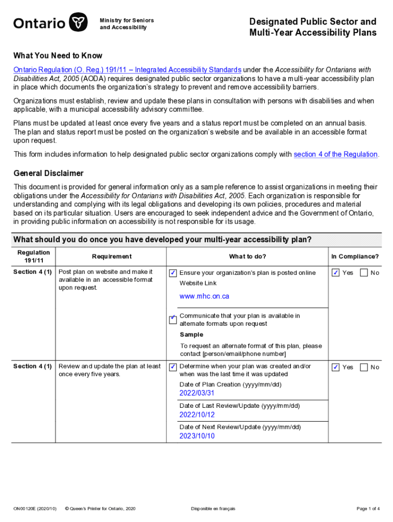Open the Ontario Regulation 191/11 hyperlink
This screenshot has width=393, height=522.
click(x=127, y=70)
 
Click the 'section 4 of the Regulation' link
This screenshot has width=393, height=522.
click(x=335, y=154)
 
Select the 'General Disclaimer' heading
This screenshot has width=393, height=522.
click(x=48, y=173)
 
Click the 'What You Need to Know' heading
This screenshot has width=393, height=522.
click(x=58, y=56)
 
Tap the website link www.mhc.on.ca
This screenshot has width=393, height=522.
click(x=204, y=296)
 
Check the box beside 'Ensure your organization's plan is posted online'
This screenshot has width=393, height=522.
click(x=173, y=273)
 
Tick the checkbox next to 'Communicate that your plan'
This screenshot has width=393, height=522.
click(x=173, y=320)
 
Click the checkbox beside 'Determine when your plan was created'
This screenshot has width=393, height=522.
click(x=173, y=367)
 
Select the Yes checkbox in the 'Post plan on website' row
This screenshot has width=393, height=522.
click(x=336, y=273)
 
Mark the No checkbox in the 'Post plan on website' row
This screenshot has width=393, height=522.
click(x=364, y=273)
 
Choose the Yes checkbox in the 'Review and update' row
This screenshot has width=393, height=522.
click(x=336, y=367)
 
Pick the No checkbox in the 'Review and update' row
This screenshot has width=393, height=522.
click(x=364, y=367)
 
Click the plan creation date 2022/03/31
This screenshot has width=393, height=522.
click(x=197, y=393)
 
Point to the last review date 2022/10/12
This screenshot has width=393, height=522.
click(x=197, y=414)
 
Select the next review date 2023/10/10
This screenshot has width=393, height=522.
click(x=197, y=436)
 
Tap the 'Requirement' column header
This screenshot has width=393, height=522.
click(x=112, y=256)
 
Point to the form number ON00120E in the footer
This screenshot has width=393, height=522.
click(x=35, y=508)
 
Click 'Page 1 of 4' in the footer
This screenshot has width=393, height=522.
click(x=367, y=508)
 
